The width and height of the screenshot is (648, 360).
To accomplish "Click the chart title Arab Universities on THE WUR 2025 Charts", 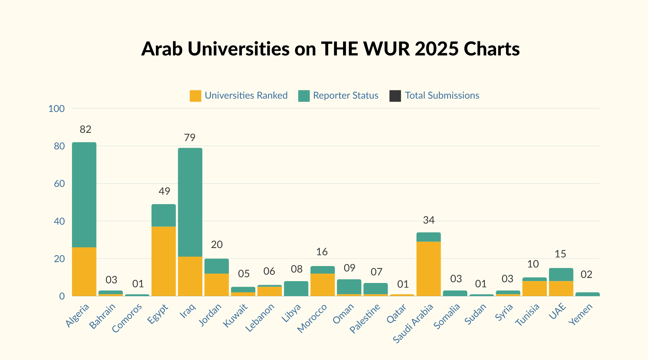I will tap(330, 49).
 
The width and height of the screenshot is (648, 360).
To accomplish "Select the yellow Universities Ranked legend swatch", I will tap(195, 96).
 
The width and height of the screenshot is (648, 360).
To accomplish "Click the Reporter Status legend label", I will tap(346, 95).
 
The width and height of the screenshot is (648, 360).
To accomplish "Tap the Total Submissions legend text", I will tap(442, 95).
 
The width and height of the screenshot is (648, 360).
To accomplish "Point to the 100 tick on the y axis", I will tap(57, 108).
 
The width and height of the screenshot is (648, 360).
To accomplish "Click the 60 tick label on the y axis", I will tap(59, 184).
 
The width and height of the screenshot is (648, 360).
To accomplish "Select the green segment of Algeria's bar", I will tap(84, 194).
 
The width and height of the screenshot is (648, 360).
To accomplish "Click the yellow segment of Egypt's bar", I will tap(164, 261).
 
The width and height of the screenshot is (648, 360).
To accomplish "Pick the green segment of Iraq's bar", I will tap(190, 202).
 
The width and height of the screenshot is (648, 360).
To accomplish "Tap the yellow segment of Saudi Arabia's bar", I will tap(428, 268).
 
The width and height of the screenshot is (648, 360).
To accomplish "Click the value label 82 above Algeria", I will tap(85, 129).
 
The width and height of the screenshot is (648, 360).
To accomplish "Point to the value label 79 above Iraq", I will tap(189, 138).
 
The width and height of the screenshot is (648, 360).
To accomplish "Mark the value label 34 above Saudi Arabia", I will tap(428, 220).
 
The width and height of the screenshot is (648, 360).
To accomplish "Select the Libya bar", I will tap(296, 289).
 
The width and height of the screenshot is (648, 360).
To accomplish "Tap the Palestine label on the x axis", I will tap(365, 318).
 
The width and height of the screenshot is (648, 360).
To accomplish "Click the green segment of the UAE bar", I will tap(561, 275).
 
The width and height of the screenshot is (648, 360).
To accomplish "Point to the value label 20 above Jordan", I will tap(216, 245).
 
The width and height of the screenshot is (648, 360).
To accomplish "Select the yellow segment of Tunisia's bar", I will tap(534, 288).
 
